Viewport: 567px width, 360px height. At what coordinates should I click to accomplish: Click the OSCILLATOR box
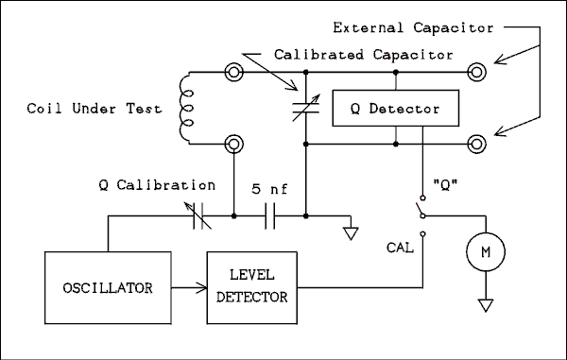(108, 287)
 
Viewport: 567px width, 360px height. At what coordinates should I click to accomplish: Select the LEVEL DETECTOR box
(252, 287)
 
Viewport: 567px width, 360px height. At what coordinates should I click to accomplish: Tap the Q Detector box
(396, 108)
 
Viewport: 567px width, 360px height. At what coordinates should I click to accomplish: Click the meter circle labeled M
(486, 252)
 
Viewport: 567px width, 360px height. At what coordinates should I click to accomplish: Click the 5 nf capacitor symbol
(269, 216)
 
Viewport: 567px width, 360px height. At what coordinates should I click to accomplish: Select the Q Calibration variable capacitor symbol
(198, 215)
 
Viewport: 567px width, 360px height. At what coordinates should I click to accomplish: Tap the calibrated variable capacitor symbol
(306, 108)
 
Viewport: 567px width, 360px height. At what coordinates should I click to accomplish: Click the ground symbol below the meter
(486, 305)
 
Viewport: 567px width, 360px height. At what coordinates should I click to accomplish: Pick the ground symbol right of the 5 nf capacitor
(351, 233)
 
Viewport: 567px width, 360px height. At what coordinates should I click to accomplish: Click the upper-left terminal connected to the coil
(234, 73)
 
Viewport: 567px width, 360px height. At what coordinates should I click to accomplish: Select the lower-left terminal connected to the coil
(234, 144)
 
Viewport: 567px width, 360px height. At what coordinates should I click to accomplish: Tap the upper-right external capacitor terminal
(476, 73)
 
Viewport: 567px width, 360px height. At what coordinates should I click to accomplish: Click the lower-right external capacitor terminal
(476, 144)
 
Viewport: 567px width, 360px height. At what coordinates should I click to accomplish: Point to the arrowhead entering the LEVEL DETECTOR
(201, 287)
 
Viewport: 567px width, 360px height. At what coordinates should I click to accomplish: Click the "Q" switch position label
(445, 184)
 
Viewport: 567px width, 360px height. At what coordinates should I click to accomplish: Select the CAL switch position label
(400, 248)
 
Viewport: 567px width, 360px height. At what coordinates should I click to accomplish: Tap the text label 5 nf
(269, 189)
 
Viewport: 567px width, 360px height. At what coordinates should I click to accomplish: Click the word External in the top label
(369, 27)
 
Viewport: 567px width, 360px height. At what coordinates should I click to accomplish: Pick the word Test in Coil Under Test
(144, 109)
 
